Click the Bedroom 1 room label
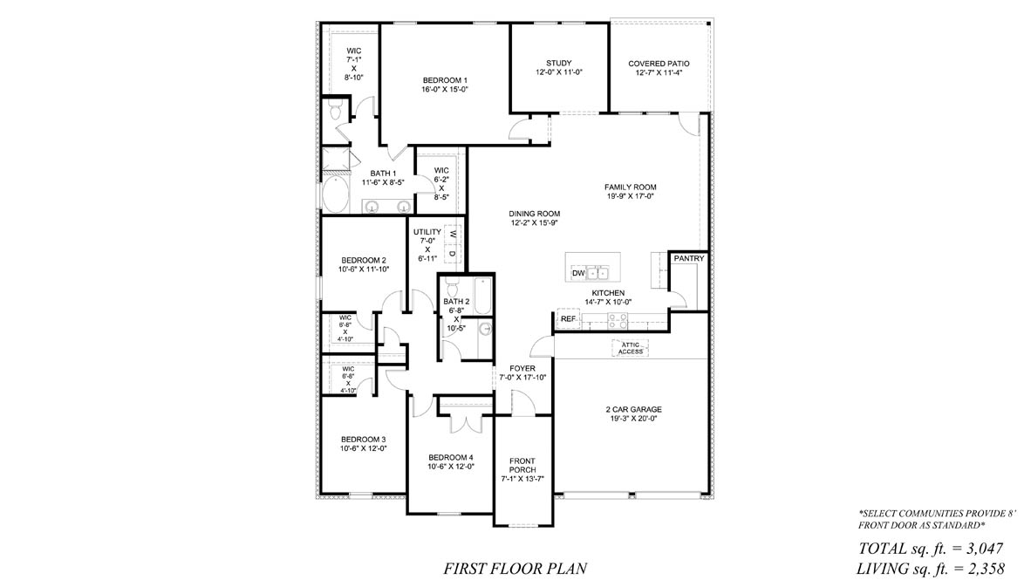point(445,80)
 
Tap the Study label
point(558,63)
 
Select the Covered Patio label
point(659,64)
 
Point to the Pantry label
point(688,259)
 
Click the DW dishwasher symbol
point(577,274)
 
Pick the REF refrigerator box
point(568,319)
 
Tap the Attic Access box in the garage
point(632,348)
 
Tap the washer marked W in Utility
point(453,234)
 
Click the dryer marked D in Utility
point(453,253)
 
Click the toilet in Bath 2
point(452,287)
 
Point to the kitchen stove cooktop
point(618,320)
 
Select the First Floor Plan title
point(515,569)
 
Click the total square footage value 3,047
point(978,549)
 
